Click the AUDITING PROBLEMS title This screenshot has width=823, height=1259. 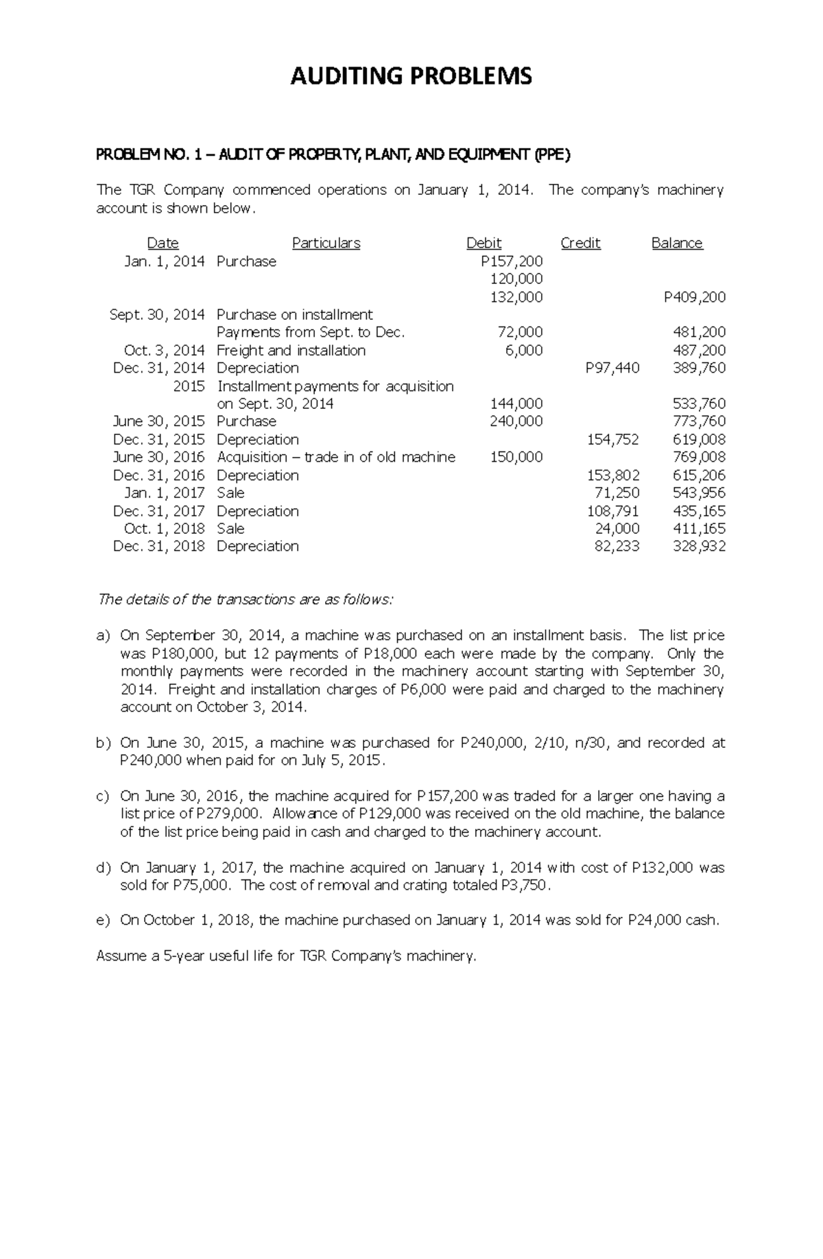[x=411, y=75]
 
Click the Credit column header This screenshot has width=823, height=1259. [x=580, y=243]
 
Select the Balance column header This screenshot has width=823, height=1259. [x=677, y=243]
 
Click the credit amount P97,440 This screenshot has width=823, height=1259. [x=612, y=368]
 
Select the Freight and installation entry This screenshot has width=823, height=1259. [x=291, y=351]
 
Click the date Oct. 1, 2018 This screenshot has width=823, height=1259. [x=164, y=529]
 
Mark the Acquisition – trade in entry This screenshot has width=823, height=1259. [x=335, y=458]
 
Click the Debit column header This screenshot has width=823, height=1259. [x=484, y=243]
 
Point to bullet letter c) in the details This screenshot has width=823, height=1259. [x=103, y=797]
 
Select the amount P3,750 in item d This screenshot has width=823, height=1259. [x=525, y=886]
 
